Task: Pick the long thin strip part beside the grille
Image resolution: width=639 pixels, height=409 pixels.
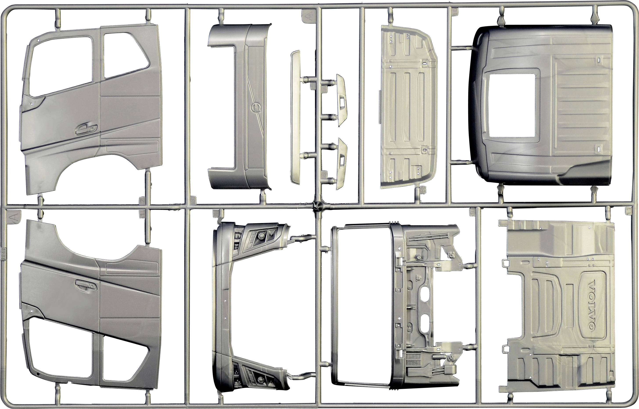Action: click(x=295, y=117)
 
